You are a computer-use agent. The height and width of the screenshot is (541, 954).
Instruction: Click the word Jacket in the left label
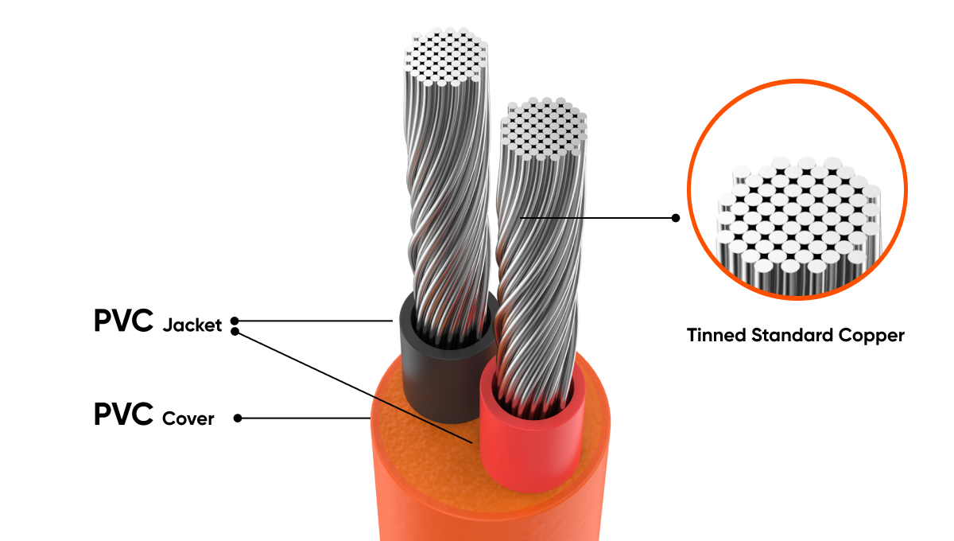tap(192, 325)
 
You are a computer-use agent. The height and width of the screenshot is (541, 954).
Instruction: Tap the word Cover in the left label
tap(188, 418)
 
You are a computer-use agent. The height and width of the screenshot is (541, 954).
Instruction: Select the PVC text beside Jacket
tap(123, 320)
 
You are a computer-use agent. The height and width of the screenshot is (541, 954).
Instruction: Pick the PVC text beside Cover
tap(123, 414)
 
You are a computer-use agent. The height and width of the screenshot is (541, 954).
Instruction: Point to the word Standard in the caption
tap(792, 335)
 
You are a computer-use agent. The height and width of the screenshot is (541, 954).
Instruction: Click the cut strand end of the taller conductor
tap(446, 56)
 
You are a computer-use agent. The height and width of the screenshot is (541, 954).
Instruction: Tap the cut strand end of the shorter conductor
tap(544, 128)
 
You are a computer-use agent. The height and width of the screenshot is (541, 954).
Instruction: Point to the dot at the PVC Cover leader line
tap(238, 418)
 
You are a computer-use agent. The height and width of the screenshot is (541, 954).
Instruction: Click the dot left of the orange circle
tap(676, 218)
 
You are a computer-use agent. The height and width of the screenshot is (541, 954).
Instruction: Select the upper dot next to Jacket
tap(235, 321)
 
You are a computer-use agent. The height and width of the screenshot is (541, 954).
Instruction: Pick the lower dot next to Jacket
tap(235, 331)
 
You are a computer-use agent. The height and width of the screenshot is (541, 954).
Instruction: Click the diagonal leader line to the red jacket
tap(355, 387)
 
